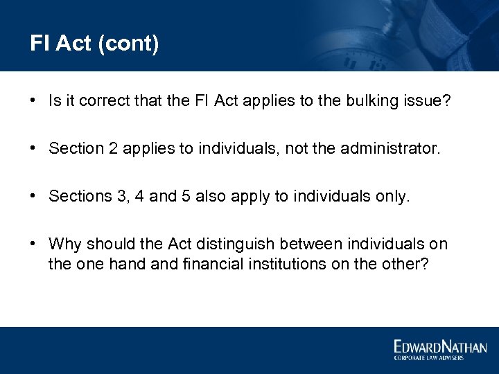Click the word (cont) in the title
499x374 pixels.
click(x=130, y=44)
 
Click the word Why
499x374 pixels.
click(x=65, y=244)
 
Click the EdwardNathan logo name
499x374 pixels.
click(x=440, y=347)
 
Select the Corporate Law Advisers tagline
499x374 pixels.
click(x=430, y=358)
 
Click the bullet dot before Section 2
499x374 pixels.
click(x=33, y=149)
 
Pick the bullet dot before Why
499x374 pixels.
click(x=33, y=244)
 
